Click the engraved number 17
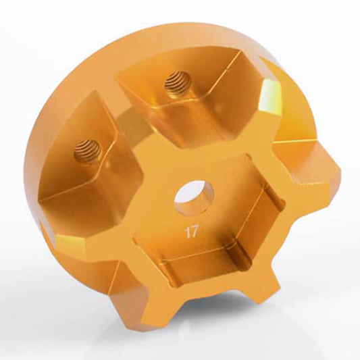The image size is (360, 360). click(190, 232)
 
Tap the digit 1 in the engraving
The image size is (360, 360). click(187, 232)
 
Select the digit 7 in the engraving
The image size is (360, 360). click(194, 232)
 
